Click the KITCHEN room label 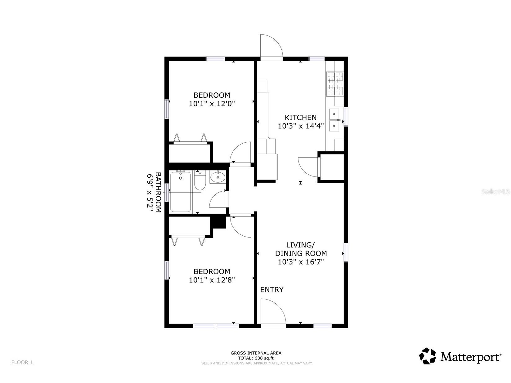pos(301,117)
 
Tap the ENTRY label pos(272,290)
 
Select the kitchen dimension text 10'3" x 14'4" pos(301,126)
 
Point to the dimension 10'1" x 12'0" pos(212,104)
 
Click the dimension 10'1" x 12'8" pos(212,280)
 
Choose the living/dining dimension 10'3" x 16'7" pos(301,262)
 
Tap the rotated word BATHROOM pos(158,192)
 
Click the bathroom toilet pos(200,180)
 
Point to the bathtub pos(181,192)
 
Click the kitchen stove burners pos(335,84)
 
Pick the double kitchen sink pos(334,120)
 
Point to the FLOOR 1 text pos(22,362)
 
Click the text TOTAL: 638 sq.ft pos(256,358)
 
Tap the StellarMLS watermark pos(495,192)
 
